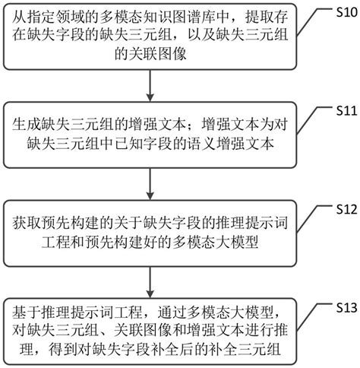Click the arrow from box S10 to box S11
click(154, 88)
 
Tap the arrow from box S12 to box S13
click(154, 282)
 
